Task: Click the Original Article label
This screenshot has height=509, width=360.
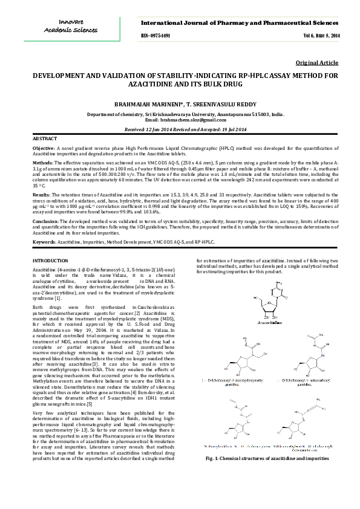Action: pyautogui.click(x=318, y=63)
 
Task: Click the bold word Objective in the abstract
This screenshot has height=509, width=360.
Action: pyautogui.click(x=43, y=148)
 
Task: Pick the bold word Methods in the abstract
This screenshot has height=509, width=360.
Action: pyautogui.click(x=42, y=163)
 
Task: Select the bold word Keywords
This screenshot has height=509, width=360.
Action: pyautogui.click(x=44, y=242)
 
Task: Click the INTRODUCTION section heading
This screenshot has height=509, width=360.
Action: pyautogui.click(x=50, y=260)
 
